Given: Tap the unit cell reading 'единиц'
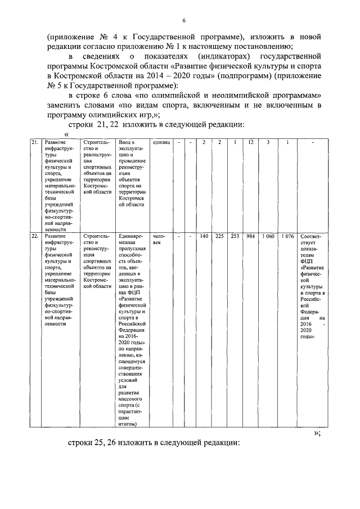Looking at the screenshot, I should pos(161,142).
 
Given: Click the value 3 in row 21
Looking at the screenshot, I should pos(268,142).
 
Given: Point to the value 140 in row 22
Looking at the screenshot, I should pos(204,236).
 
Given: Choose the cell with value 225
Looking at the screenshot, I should pos(219,236).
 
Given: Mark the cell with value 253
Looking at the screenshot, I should pos(235,236).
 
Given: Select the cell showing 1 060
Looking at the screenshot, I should pos(268,236).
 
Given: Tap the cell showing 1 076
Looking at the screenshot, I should pos(287,236).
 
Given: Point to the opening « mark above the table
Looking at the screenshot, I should pos(67,134).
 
